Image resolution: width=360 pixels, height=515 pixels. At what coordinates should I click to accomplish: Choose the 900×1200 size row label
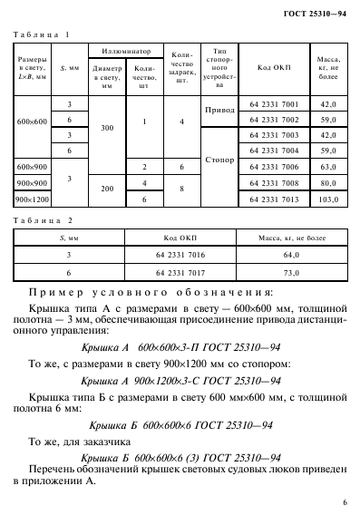pos(32,199)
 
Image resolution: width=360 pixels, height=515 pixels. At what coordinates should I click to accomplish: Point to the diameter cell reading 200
pos(107,190)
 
